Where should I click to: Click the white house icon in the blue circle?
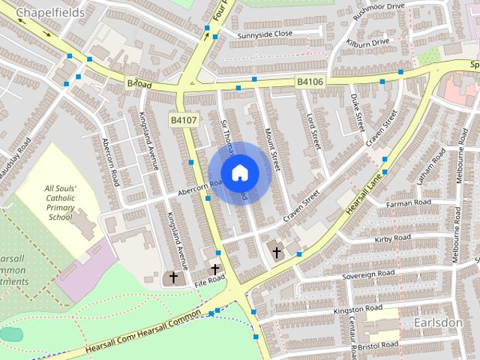tap(239, 172)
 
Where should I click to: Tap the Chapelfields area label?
tap(49, 13)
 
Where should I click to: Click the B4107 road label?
tap(183, 119)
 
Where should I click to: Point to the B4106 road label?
tap(310, 81)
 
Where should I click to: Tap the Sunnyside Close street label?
tap(265, 34)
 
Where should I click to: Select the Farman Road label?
tap(409, 203)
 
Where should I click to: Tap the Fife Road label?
tap(209, 280)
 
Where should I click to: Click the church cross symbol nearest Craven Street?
tap(276, 253)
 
